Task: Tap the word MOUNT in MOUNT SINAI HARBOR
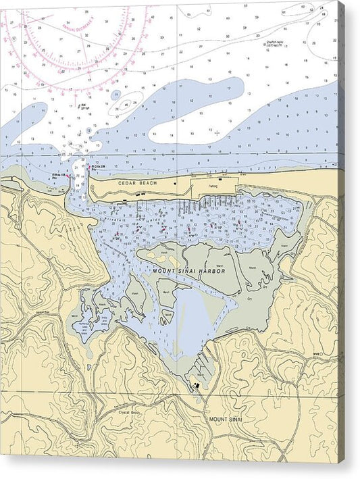click(165, 271)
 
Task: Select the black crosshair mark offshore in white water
click(216, 132)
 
